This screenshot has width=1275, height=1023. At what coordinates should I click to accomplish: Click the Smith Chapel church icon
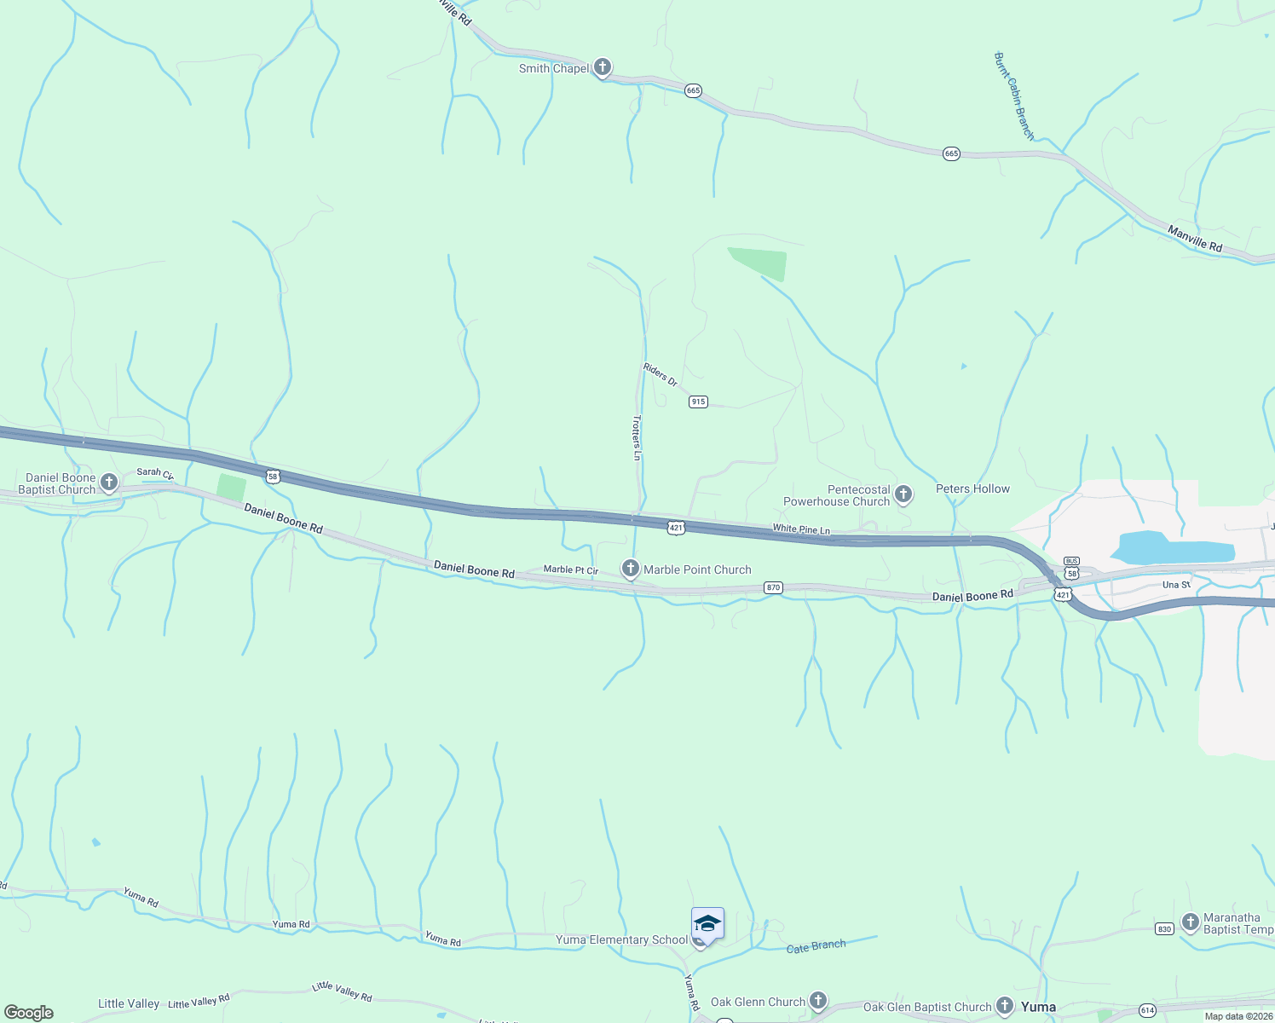point(603,67)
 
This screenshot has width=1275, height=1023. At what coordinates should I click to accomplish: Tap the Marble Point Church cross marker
point(631,569)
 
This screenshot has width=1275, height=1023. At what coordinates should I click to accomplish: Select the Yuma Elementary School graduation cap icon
point(707,923)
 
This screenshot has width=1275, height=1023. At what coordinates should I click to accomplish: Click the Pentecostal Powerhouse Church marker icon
point(903,494)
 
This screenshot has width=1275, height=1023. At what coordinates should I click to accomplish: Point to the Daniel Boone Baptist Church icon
point(109,483)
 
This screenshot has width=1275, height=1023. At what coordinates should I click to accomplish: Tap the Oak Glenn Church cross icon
point(818,1000)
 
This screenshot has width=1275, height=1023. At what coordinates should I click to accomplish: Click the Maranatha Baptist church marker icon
point(1191,922)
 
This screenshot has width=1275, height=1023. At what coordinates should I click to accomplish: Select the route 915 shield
point(698,402)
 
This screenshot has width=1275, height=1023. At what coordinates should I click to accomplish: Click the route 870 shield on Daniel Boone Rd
point(773,587)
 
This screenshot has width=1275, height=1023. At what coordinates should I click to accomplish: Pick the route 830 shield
point(1165,929)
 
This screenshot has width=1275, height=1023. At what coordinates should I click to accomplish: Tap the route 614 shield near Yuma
point(1147,1010)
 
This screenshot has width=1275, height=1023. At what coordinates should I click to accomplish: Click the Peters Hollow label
point(972,488)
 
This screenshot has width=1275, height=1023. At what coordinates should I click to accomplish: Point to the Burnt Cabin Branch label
point(1014,95)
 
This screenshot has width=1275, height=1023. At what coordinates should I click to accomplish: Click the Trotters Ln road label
point(637,437)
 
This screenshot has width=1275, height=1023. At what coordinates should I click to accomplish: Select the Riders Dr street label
point(661,374)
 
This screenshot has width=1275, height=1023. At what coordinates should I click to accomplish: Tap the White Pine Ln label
point(801,529)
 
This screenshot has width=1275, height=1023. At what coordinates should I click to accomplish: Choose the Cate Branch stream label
point(816,946)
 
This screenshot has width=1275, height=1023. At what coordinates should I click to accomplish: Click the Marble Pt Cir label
point(571,569)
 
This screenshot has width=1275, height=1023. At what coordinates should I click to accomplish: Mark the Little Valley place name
point(129,1003)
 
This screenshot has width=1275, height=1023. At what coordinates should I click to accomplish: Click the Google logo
point(29,1013)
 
